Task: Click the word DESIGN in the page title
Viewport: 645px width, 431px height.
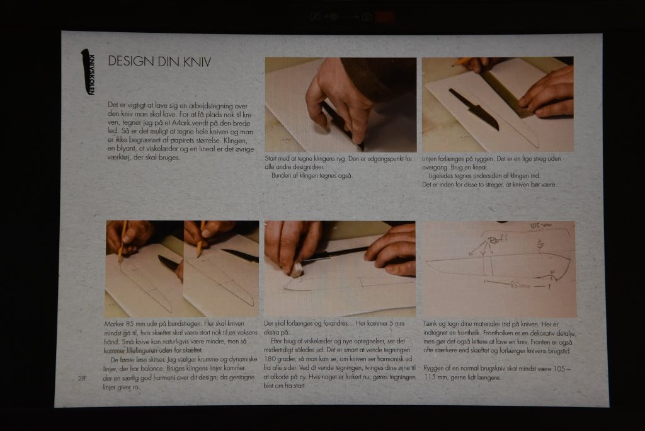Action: [x=129, y=61]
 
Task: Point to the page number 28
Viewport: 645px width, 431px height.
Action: [x=82, y=378]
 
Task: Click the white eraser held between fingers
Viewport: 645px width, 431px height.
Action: [x=296, y=269]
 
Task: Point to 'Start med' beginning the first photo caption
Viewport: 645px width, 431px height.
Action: [x=277, y=158]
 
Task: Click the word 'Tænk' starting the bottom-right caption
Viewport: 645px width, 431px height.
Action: [x=430, y=323]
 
